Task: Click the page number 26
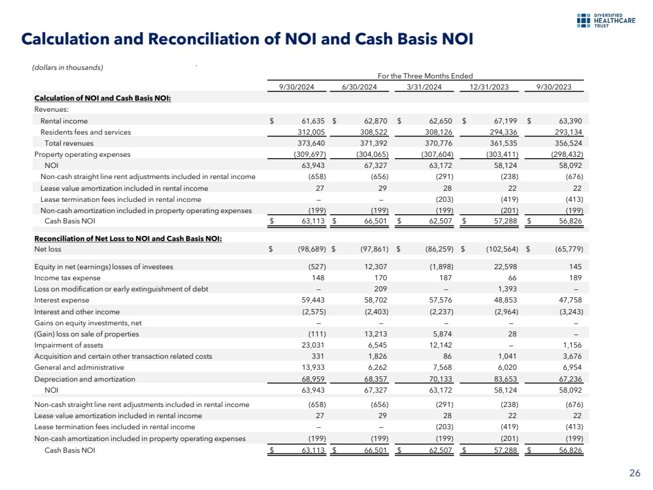[x=634, y=473]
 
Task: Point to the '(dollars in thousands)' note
[x=67, y=67]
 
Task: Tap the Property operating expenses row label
[x=82, y=154]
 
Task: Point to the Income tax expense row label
[x=68, y=278]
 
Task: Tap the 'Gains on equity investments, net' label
[x=88, y=323]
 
